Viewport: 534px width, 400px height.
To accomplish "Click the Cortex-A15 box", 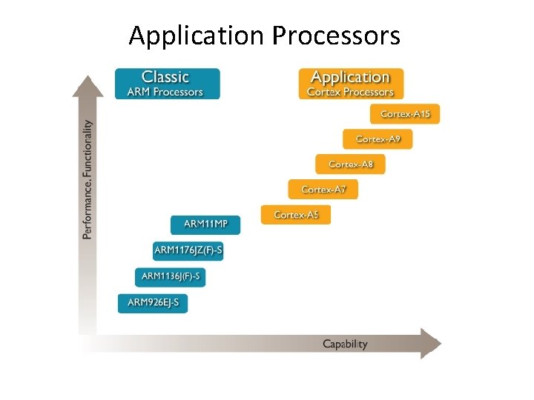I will (x=405, y=114).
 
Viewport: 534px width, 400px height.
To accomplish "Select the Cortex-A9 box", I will (x=378, y=139).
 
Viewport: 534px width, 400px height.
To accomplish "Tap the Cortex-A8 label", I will (x=350, y=164).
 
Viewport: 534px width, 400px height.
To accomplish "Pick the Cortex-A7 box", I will (x=323, y=190).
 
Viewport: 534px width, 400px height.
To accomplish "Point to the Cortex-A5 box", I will (x=296, y=215).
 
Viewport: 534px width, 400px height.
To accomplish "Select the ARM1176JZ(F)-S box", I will (x=188, y=250).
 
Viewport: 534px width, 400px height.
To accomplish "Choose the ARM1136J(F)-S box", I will (x=171, y=277).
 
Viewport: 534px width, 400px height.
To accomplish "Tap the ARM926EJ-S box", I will (x=153, y=303).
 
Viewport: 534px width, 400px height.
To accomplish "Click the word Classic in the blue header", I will (x=165, y=77).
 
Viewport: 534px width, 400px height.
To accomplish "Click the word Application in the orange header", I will (x=350, y=77).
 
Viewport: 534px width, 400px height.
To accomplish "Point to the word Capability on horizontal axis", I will (x=345, y=344).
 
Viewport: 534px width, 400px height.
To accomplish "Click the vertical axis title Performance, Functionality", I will (x=88, y=179).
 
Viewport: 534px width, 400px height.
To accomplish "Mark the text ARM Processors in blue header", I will (x=165, y=93).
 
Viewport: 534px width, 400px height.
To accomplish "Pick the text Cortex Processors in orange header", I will (x=351, y=93).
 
